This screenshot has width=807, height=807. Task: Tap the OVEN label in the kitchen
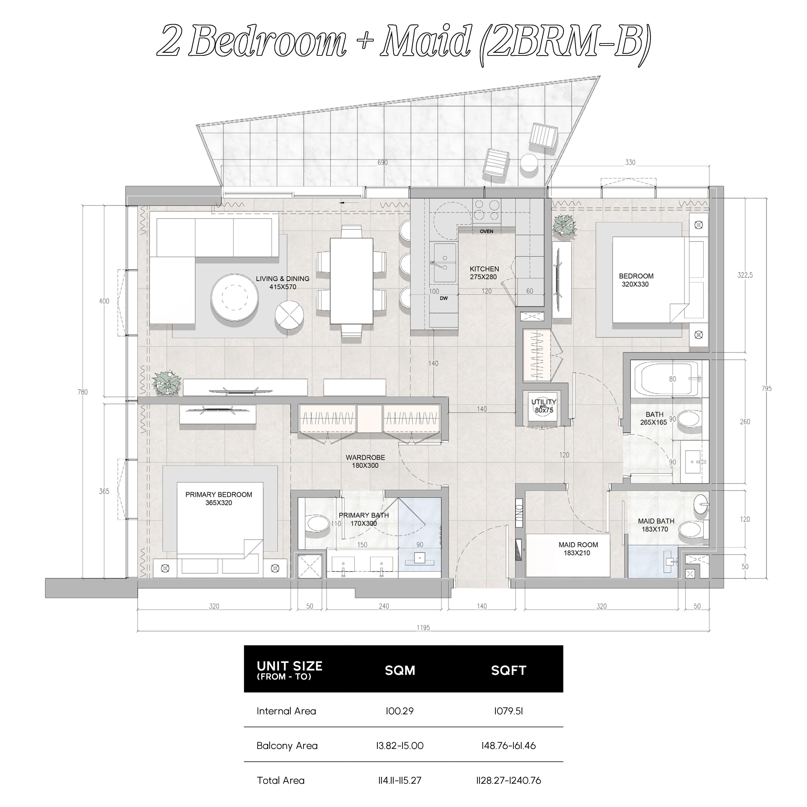coord(486,231)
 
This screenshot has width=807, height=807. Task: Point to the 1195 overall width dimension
coord(423,627)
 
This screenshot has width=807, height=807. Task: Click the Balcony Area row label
coord(287,746)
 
